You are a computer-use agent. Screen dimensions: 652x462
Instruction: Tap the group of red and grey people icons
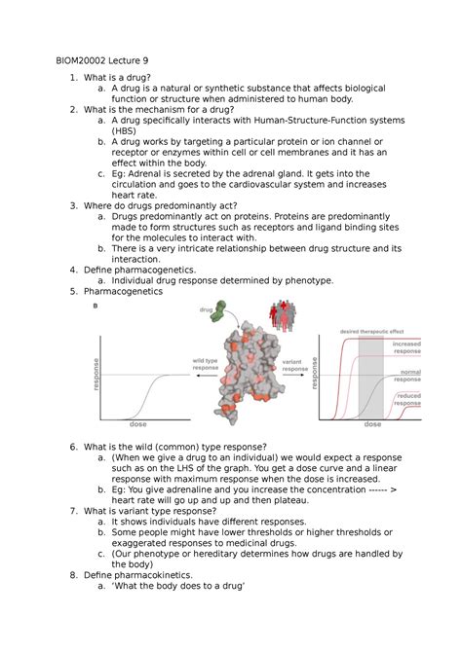285,317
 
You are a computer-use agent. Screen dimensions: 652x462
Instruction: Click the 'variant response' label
295,365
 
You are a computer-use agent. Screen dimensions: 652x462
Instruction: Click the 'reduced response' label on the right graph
407,401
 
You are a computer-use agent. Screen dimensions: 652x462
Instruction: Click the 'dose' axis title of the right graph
372,425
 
